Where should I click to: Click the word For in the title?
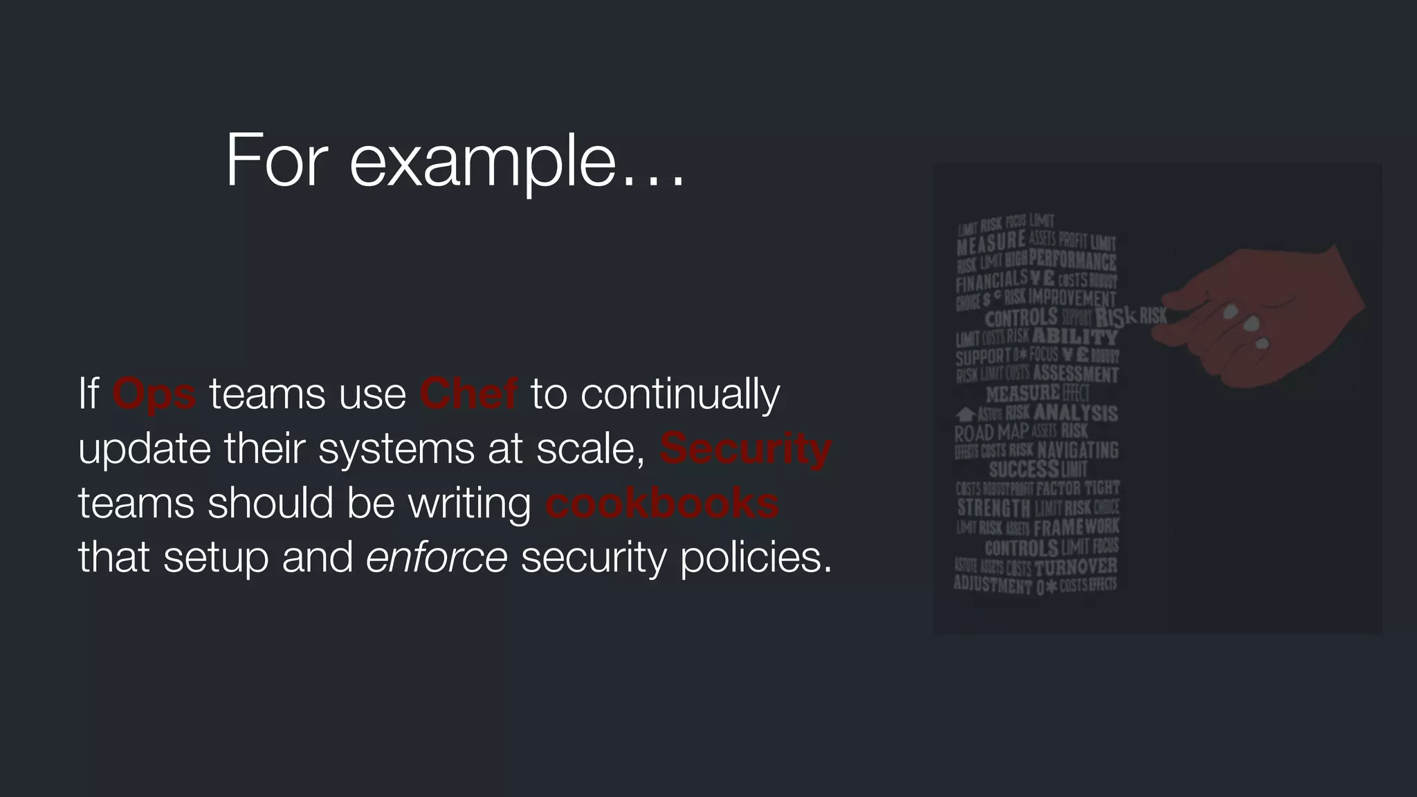pos(276,161)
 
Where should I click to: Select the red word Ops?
pos(154,395)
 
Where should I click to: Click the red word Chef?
pos(468,394)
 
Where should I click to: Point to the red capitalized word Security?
pos(745,448)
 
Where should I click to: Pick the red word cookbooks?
pos(661,504)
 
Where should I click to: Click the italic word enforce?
pos(437,557)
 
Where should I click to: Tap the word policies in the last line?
pos(756,558)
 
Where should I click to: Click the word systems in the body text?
pos(396,449)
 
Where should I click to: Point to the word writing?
pos(470,504)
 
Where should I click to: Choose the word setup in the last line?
pos(216,558)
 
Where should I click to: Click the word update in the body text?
pos(145,449)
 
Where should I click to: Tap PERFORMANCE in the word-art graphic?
pos(1072,260)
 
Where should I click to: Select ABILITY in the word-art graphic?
pos(1075,337)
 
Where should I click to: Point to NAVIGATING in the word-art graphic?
pos(1077,450)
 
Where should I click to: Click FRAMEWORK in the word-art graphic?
pos(1076,527)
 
